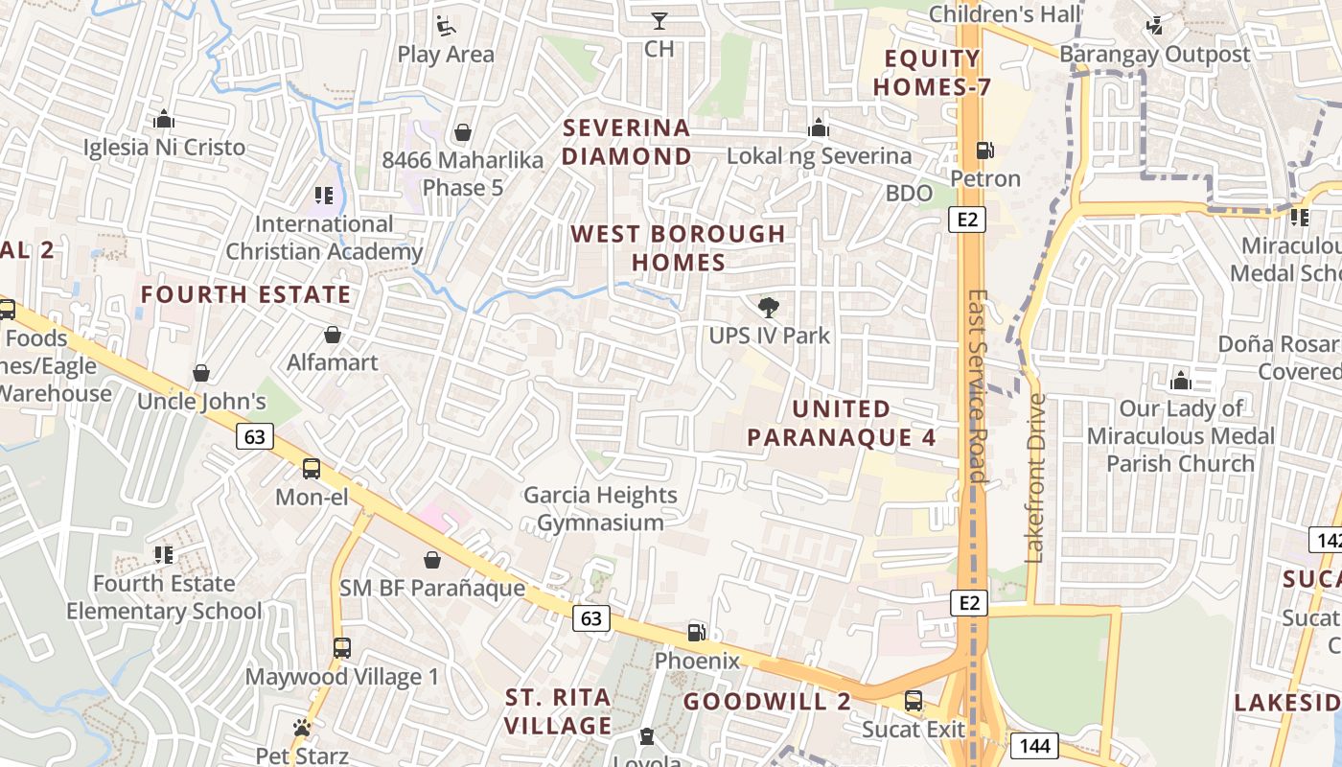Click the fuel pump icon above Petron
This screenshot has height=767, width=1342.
coord(984,151)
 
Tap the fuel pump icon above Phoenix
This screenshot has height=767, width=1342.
coord(697,633)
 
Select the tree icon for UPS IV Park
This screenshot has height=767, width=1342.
coord(768,308)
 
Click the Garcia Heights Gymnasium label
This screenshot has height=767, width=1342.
coord(600,509)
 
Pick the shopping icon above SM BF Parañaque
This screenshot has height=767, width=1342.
coord(432,560)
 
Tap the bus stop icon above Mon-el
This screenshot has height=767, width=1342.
coord(312,469)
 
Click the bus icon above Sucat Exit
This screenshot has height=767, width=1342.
coord(914,701)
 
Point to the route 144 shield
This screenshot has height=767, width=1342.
coord(1032,745)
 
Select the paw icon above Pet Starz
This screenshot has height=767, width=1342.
coord(302,728)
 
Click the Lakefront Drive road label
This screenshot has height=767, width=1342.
coord(1034,477)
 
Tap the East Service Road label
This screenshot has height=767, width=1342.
coord(977,385)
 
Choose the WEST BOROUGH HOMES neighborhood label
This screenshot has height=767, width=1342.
coord(678,247)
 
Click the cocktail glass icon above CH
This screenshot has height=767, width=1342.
coord(659,20)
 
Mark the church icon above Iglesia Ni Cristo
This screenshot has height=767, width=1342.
coord(164,120)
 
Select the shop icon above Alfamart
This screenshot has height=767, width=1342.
coord(333,335)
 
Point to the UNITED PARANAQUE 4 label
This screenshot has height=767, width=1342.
coord(841,423)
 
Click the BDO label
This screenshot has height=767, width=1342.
coord(908,193)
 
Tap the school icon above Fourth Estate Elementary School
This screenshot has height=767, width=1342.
coord(164,555)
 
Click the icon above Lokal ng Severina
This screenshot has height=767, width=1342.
coord(818,128)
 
